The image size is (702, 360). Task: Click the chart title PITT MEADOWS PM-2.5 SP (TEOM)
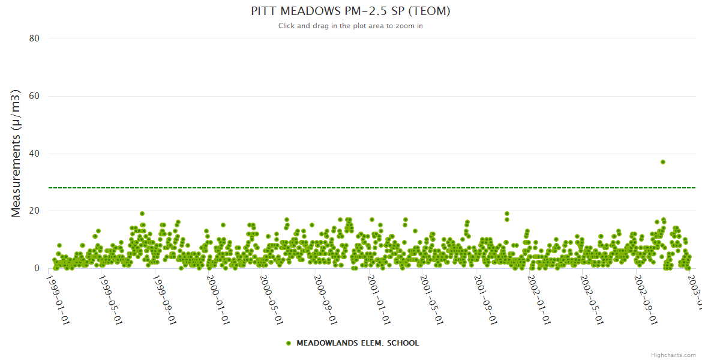350,11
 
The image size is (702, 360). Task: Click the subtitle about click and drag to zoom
350,26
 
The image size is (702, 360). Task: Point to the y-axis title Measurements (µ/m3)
16,153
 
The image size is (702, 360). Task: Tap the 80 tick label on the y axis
34,38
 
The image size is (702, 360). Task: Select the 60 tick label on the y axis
34,96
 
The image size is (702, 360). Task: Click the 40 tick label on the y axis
34,154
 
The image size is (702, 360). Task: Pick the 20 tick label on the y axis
34,211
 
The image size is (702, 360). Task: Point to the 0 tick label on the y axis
37,269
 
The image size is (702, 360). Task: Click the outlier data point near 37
662,162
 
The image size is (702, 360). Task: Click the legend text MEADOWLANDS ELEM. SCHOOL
358,343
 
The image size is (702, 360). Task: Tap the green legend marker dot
289,343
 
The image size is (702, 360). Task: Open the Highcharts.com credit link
673,355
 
